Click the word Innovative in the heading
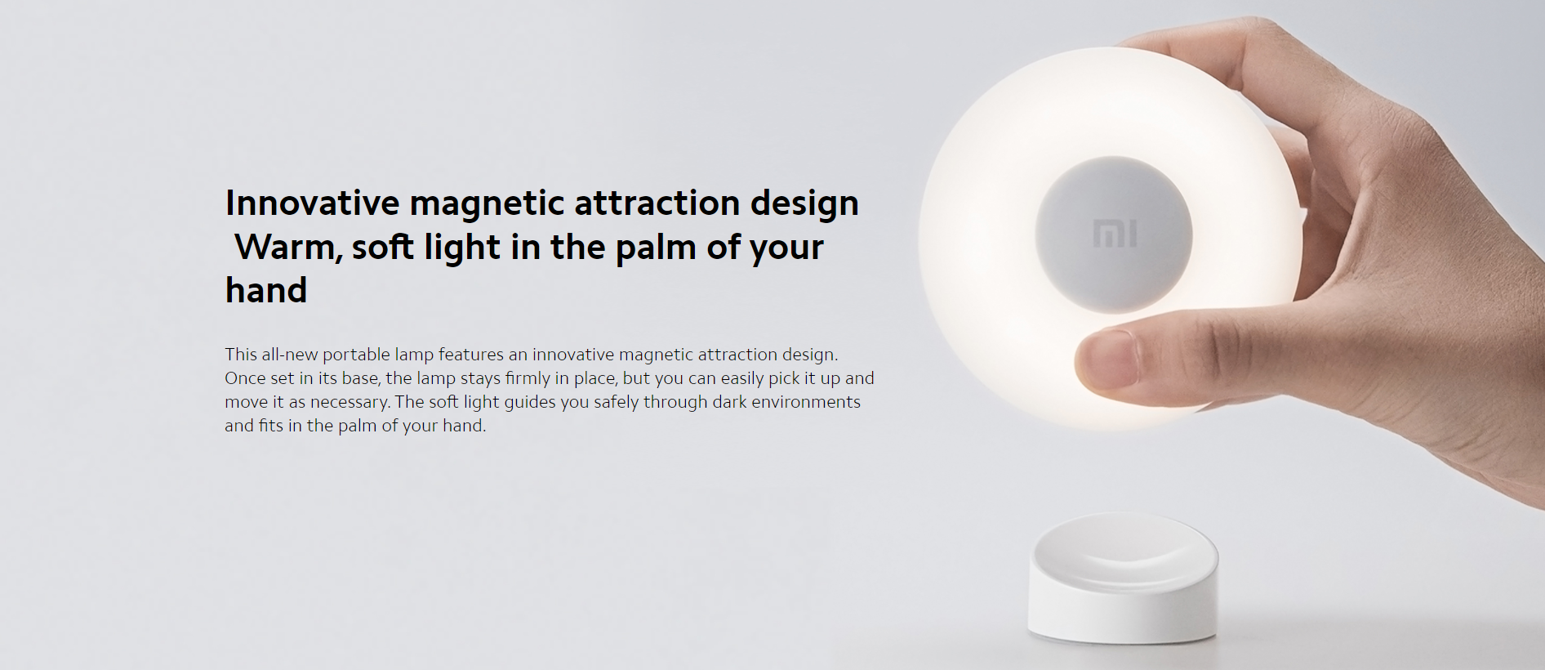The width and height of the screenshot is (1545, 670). pyautogui.click(x=313, y=203)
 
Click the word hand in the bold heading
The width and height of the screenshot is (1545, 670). pyautogui.click(x=266, y=290)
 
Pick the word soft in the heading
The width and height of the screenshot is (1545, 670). pyautogui.click(x=382, y=247)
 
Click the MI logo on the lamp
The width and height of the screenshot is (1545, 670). pyautogui.click(x=1115, y=233)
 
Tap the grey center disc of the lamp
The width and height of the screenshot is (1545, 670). pyautogui.click(x=1114, y=234)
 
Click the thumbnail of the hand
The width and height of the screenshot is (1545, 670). pyautogui.click(x=1106, y=360)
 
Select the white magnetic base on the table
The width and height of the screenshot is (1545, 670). pyautogui.click(x=1124, y=577)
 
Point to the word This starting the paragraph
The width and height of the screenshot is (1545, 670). pyautogui.click(x=241, y=355)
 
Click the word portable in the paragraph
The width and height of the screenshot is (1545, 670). pyautogui.click(x=356, y=355)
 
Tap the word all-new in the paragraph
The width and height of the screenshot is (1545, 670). pyautogui.click(x=289, y=355)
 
